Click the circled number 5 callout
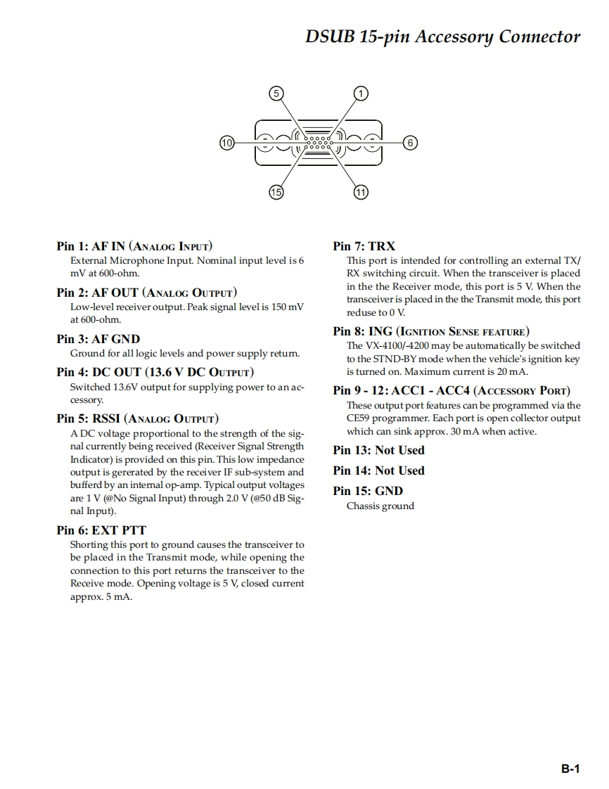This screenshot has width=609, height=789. [276, 93]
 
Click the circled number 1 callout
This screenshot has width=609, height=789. [361, 93]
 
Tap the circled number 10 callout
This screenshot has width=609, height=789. [226, 143]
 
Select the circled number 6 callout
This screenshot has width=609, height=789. [411, 143]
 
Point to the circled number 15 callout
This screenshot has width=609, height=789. [276, 192]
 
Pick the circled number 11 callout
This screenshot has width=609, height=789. [361, 192]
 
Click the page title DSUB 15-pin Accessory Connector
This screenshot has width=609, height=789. [442, 37]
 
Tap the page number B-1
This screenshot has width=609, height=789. [570, 769]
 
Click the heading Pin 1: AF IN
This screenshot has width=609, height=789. [134, 246]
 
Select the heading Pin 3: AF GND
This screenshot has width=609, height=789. [98, 339]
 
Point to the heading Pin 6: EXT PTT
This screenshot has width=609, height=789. [101, 530]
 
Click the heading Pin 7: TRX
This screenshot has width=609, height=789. [364, 246]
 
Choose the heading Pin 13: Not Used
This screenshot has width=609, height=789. [379, 450]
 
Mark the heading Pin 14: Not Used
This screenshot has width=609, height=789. [379, 470]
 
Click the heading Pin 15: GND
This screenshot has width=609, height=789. [368, 491]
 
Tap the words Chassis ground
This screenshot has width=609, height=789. [380, 506]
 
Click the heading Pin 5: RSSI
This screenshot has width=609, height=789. [137, 419]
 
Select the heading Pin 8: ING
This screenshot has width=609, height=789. [431, 331]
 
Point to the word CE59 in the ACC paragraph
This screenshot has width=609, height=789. [358, 418]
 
